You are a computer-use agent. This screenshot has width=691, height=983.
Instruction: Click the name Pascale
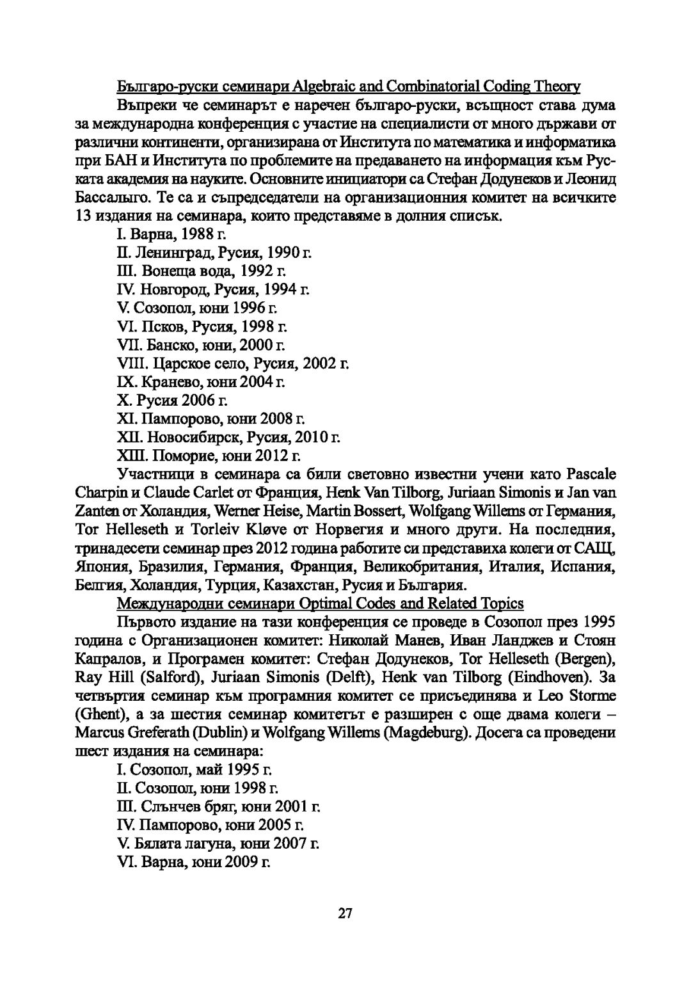[x=591, y=476]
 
